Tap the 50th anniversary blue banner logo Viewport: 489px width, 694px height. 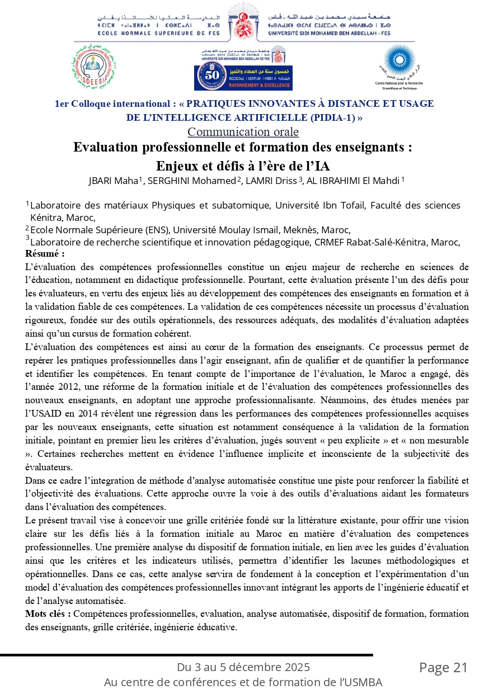point(243,77)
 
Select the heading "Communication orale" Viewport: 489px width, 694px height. point(235,132)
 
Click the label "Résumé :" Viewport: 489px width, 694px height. point(45,253)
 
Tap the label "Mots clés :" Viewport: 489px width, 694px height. point(48,613)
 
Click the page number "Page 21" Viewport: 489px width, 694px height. point(443,667)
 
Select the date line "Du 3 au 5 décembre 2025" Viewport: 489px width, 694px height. point(243,667)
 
